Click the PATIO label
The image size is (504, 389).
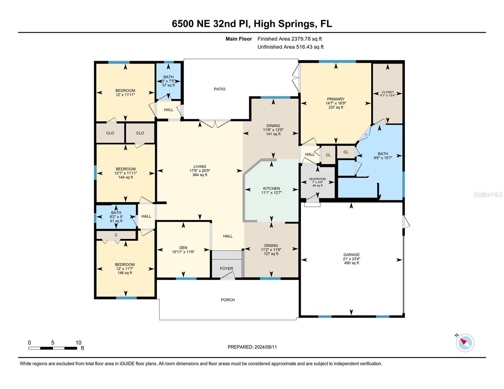coord(219,89)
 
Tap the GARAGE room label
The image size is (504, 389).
coord(351,254)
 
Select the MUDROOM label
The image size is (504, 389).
coord(317,179)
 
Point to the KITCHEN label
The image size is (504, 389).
coord(271,188)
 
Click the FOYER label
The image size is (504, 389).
coord(227,268)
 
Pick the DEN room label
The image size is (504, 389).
coord(183,248)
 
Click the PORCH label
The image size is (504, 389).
coord(227,300)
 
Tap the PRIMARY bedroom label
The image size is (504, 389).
coord(336,99)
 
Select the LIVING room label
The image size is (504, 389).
coord(200,166)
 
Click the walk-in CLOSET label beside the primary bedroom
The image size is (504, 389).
coord(387,92)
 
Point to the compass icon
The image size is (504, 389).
coord(465,343)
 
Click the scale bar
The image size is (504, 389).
coord(53,348)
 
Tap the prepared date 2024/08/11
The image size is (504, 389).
coord(265,347)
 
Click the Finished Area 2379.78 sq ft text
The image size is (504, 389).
coord(289,39)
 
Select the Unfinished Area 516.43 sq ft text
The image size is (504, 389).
coord(290,47)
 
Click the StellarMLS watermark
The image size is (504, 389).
coord(488,194)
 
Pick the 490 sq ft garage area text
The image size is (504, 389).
coord(351,263)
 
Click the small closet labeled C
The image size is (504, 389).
coord(116,235)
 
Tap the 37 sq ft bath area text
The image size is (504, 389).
coord(168,85)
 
